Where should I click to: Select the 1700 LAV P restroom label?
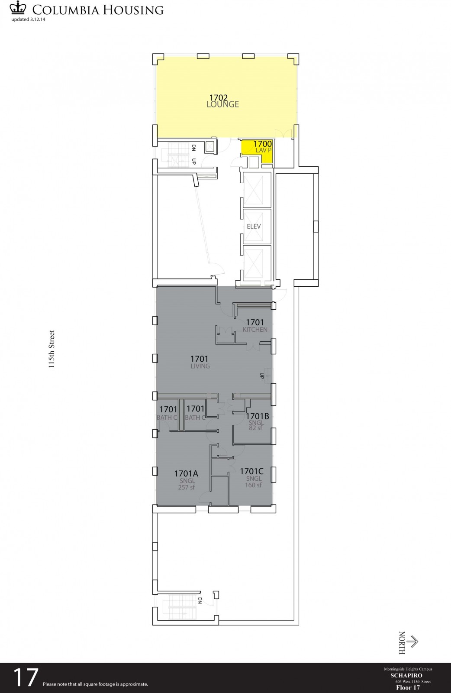pos(262,146)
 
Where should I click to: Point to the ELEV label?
pos(254,227)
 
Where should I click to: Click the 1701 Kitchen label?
pos(255,325)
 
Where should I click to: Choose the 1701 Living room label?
pos(200,362)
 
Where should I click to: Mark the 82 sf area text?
pos(256,428)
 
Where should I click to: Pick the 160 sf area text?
pos(254,485)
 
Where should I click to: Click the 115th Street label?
pos(52,349)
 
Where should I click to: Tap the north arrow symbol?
pos(413,641)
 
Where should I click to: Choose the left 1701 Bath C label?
pos(168,412)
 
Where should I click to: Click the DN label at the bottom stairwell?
pos(200,600)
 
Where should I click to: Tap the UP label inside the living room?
pos(262,376)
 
